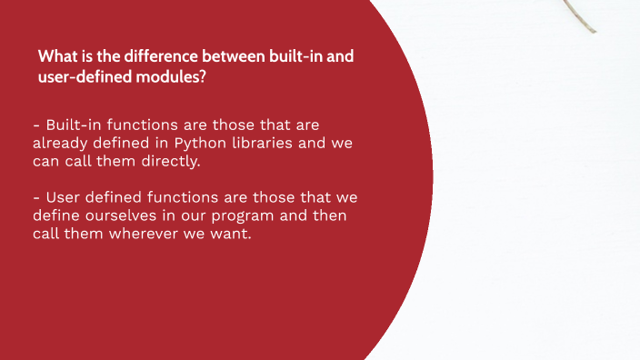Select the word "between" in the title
point(217,57)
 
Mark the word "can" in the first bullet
point(45,161)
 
